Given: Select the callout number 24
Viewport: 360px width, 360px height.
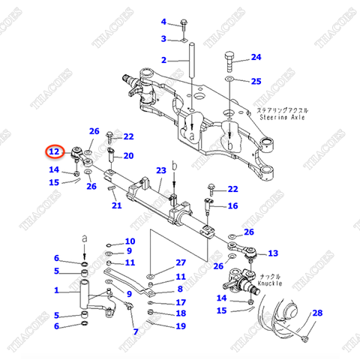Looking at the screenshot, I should click(x=256, y=57).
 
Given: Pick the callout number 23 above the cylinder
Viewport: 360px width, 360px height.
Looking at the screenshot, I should click(x=160, y=171).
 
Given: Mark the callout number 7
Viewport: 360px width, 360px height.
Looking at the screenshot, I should click(x=135, y=331).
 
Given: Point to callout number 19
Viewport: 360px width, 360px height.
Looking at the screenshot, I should click(x=180, y=325).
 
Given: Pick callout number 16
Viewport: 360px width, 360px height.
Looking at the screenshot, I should click(x=232, y=205).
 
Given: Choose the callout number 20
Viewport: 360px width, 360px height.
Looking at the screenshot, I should click(x=128, y=156).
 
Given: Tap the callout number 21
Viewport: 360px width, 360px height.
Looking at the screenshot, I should click(x=116, y=206).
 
